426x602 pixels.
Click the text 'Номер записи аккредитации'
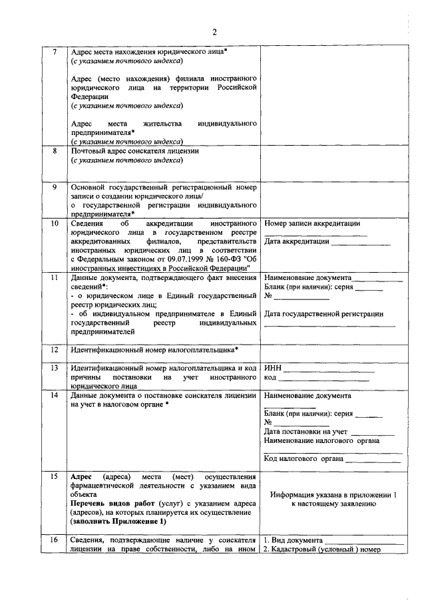[x=312, y=224]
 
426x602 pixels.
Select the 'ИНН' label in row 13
[x=273, y=367]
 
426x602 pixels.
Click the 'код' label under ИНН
[x=270, y=377]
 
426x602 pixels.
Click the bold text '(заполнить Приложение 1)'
[x=118, y=522]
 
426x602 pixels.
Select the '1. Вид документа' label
[x=294, y=540]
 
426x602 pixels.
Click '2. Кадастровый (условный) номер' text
[x=322, y=549]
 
